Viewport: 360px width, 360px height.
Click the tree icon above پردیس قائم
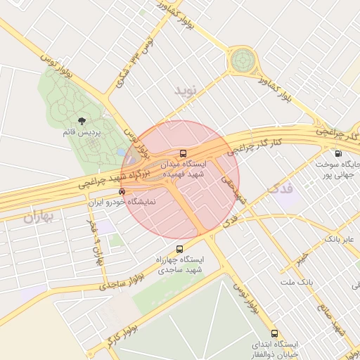(x=82, y=122)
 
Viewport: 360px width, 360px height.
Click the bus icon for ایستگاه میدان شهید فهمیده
(x=184, y=153)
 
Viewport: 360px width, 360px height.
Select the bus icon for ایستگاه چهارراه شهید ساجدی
(x=179, y=249)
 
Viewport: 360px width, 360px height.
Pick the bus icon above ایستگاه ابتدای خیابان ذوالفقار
(x=274, y=333)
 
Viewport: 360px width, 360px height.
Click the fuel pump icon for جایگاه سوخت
(x=338, y=153)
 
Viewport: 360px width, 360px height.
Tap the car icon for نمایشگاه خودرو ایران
(x=122, y=191)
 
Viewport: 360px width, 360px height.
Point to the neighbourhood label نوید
(x=188, y=90)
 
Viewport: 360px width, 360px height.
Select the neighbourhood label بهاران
(x=39, y=217)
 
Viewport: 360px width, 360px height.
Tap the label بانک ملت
(x=296, y=282)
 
